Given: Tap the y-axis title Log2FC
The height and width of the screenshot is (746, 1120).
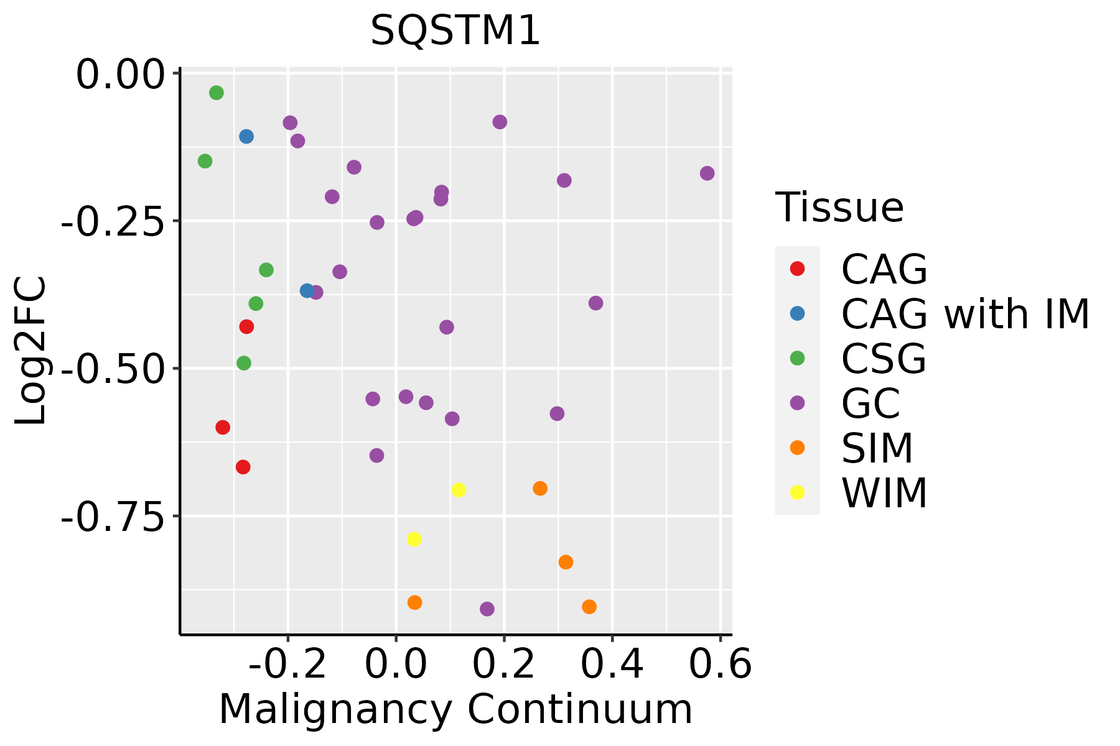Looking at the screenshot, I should (x=31, y=351).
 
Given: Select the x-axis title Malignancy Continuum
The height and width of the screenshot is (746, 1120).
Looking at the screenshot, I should (x=455, y=709).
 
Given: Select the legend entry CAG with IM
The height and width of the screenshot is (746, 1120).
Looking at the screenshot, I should (x=964, y=314).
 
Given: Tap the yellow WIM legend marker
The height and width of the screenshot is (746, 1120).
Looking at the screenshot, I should (x=797, y=492).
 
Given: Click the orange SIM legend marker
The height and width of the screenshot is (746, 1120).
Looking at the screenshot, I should (x=797, y=448).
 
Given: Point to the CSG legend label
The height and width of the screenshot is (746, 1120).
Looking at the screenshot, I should (x=884, y=359).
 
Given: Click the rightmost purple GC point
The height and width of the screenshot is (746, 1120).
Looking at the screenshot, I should (x=707, y=173).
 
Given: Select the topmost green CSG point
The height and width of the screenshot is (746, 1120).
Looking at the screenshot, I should (x=217, y=93).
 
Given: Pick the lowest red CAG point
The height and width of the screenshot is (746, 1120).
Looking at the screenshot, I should (x=243, y=467).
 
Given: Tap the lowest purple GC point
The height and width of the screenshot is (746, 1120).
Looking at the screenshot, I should (x=487, y=609).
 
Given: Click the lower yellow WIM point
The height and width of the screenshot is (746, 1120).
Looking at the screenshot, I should (x=414, y=539).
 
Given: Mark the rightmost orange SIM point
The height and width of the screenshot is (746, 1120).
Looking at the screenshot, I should (x=589, y=607).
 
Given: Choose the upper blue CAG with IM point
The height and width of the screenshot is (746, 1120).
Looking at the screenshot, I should (x=246, y=137).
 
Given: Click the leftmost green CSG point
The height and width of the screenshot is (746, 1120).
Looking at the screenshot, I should (x=205, y=162).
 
